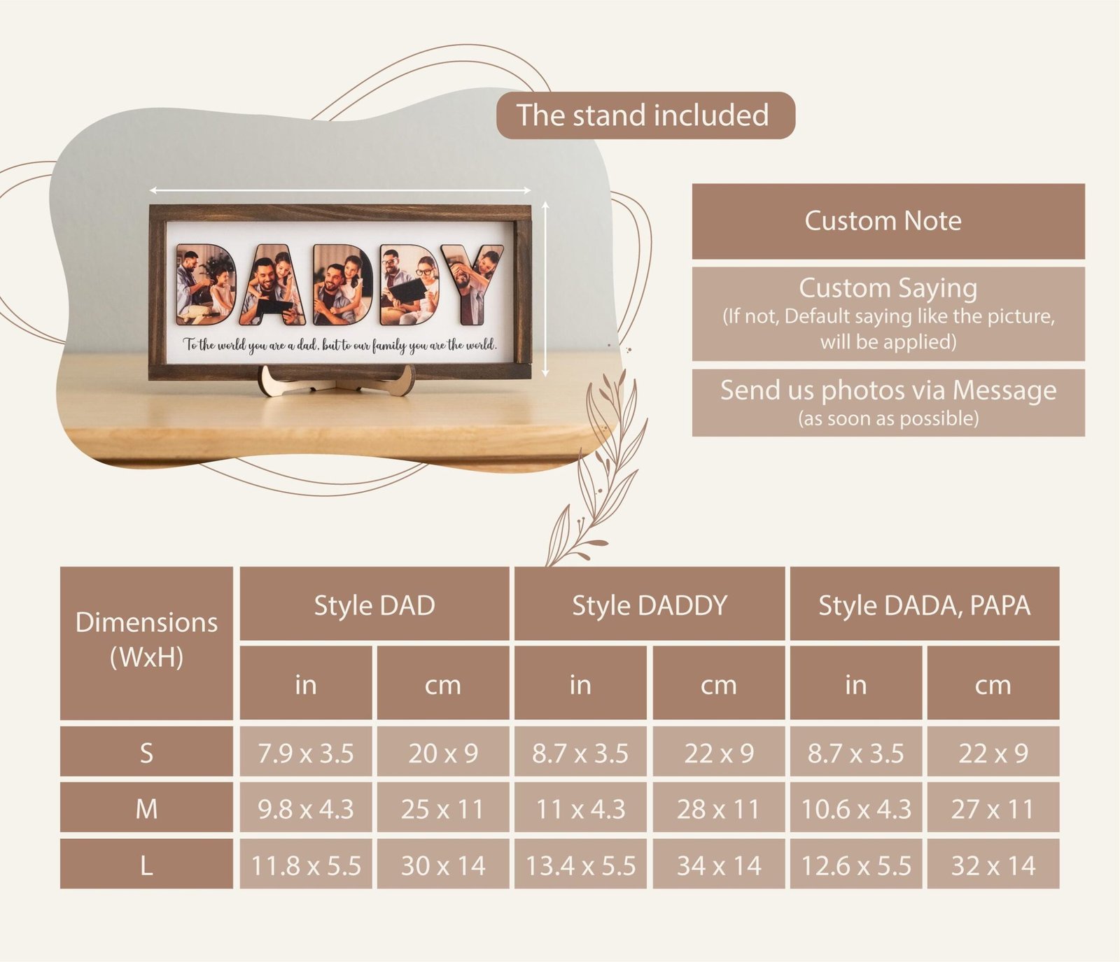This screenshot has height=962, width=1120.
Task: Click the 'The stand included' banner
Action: click(645, 115)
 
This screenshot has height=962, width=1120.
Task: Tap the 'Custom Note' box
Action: click(888, 221)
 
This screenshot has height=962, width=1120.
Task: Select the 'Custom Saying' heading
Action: click(888, 288)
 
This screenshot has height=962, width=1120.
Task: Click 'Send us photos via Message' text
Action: click(888, 390)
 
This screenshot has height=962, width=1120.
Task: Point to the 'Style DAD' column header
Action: click(374, 604)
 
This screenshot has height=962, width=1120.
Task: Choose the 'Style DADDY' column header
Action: click(650, 604)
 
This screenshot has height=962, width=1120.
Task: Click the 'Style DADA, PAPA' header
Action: click(925, 604)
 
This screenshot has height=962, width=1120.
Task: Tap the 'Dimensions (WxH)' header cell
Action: click(146, 643)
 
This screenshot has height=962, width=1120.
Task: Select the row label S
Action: click(146, 751)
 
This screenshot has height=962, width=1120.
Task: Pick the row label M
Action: click(146, 807)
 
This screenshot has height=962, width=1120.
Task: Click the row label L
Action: click(146, 864)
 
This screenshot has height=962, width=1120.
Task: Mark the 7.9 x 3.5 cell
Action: click(306, 751)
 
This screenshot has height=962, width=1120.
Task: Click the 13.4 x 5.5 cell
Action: click(580, 864)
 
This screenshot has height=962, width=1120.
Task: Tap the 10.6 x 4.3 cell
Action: click(856, 807)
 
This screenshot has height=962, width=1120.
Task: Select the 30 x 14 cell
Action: click(443, 864)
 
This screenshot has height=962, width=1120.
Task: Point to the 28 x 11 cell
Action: click(719, 807)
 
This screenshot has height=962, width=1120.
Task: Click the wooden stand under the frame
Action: click(337, 382)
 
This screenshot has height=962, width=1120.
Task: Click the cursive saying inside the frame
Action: click(340, 344)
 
